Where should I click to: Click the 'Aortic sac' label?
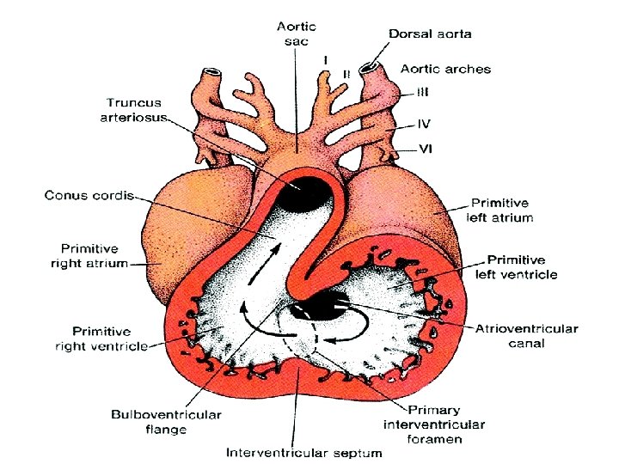(x=295, y=34)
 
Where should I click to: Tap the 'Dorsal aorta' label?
(x=430, y=34)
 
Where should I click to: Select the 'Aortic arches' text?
(x=445, y=68)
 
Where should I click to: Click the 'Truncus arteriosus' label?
(x=135, y=109)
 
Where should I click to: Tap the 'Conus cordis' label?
(x=89, y=196)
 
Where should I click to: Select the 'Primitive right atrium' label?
(x=89, y=255)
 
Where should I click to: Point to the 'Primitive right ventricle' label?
(x=101, y=339)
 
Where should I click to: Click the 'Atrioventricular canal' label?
(x=527, y=336)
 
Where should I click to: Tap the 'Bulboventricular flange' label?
(x=166, y=422)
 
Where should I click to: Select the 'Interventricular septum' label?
(x=304, y=452)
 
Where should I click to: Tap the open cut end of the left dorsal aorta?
(x=371, y=67)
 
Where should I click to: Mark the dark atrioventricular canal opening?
(x=318, y=305)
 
